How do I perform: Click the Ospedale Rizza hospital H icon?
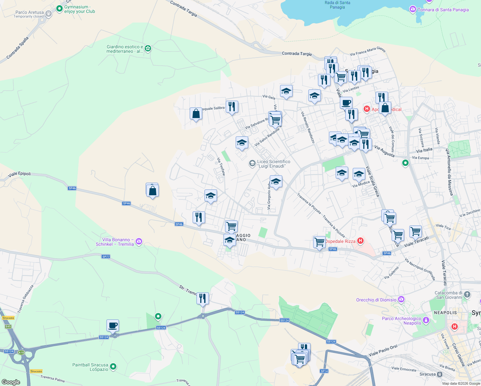[x=360, y=241]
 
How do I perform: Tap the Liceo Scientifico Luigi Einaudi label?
[x=273, y=164]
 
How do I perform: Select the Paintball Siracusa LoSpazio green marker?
[x=113, y=366]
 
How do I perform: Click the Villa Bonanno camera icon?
[x=139, y=241]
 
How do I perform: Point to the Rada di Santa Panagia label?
[x=337, y=5]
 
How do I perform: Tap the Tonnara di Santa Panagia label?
[x=443, y=10]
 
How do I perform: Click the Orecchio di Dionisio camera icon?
[x=401, y=299]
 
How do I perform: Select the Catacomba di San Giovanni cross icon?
[x=467, y=294]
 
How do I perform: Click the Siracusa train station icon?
[x=440, y=374]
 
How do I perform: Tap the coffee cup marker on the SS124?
[x=113, y=326]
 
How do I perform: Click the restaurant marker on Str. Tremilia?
[x=203, y=299]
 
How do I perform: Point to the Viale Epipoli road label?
[x=20, y=174]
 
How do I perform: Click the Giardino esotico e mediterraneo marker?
[x=148, y=49]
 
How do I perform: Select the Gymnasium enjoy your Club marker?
[x=59, y=9]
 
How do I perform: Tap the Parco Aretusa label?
[x=29, y=13]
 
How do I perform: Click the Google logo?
[x=11, y=382]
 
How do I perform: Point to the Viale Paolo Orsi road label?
[x=383, y=350]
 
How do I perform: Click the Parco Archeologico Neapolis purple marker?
[x=426, y=320]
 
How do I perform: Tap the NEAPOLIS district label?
[x=445, y=313]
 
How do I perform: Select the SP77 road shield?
[x=106, y=257]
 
